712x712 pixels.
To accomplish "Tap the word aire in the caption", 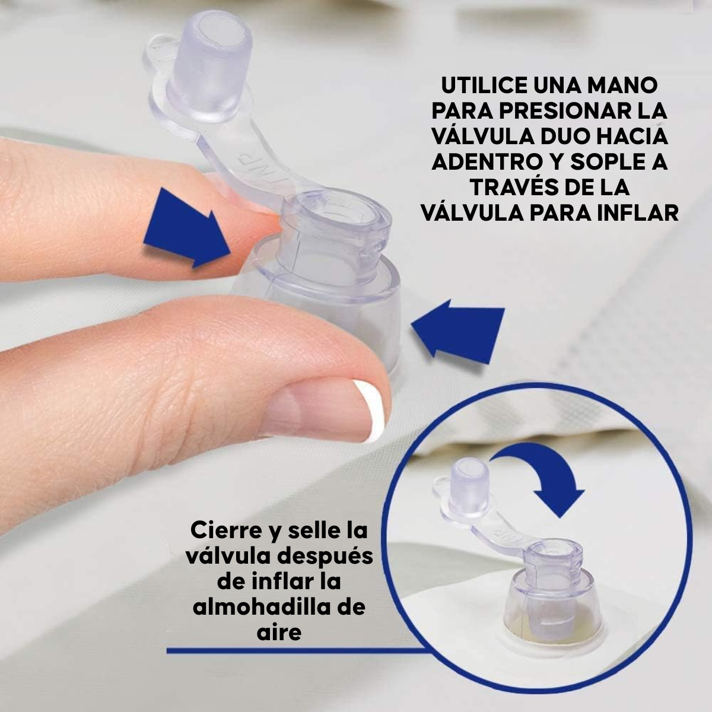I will [279, 632].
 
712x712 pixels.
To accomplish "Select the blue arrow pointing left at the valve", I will [459, 332].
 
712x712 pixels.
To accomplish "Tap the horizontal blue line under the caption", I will [297, 651].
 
